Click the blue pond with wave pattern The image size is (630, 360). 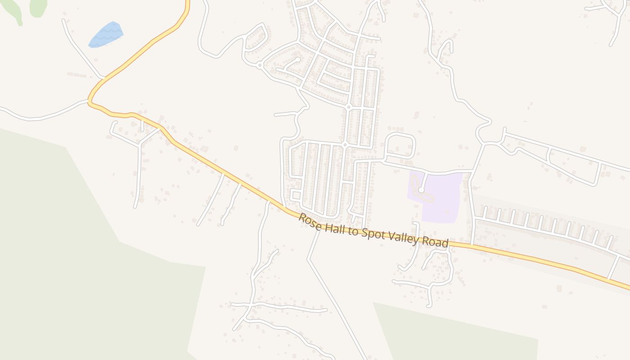pos(106,35)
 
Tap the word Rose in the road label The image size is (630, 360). pos(309,220)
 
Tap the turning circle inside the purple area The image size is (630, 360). pos(421,190)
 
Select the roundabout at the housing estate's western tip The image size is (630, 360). pos(260,66)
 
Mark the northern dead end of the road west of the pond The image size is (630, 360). pos(63,20)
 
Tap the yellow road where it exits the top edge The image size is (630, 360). pos(187,2)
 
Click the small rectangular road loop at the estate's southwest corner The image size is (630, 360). pos(295,195)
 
